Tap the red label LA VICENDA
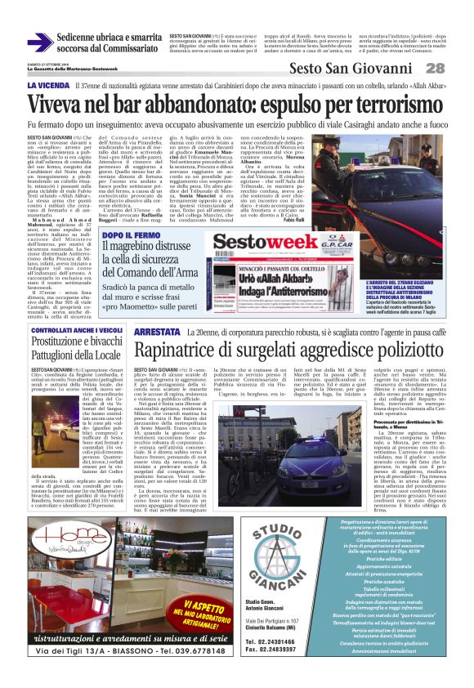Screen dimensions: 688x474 coord(48,86)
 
